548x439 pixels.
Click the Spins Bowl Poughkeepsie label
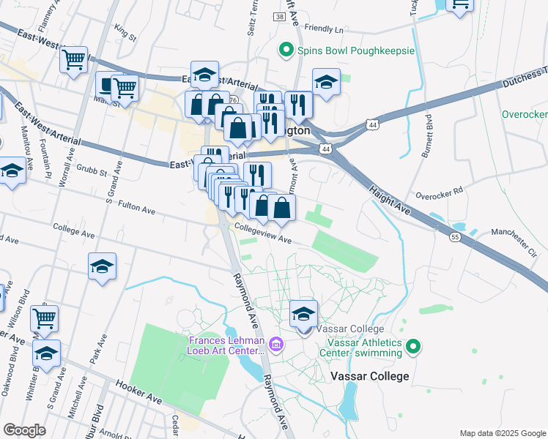(356, 51)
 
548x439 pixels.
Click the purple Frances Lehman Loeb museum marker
(275, 344)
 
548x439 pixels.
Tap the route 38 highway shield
(281, 17)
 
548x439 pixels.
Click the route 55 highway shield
(455, 238)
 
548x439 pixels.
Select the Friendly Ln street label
(323, 29)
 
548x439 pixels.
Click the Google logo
(25, 430)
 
